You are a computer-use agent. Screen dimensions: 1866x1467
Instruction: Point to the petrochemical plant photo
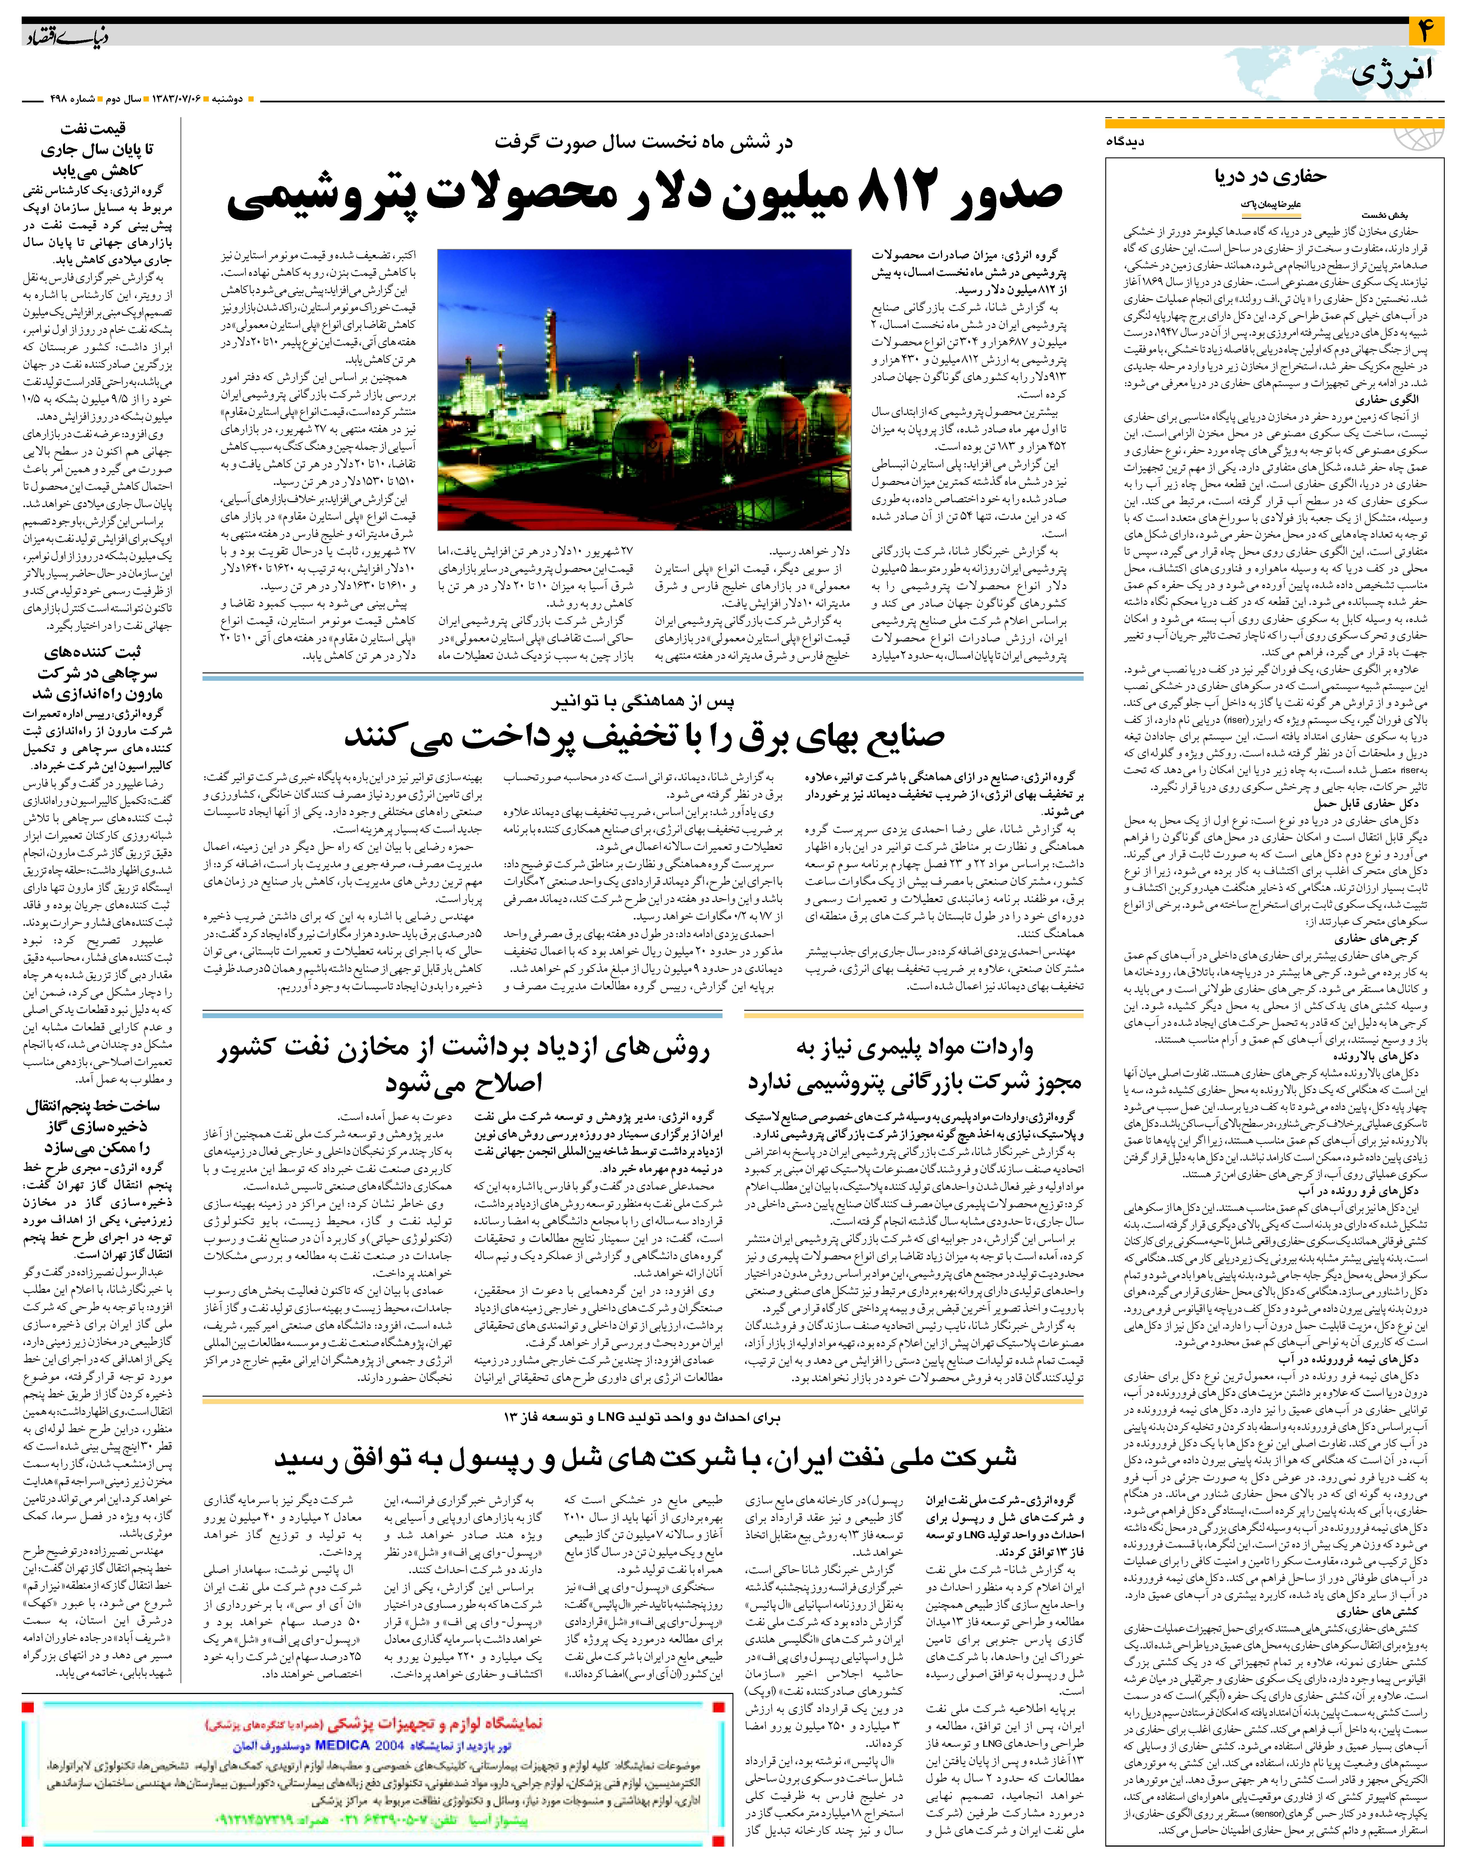pos(644,389)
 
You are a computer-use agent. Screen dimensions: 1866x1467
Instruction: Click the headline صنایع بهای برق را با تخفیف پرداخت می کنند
pos(644,737)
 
